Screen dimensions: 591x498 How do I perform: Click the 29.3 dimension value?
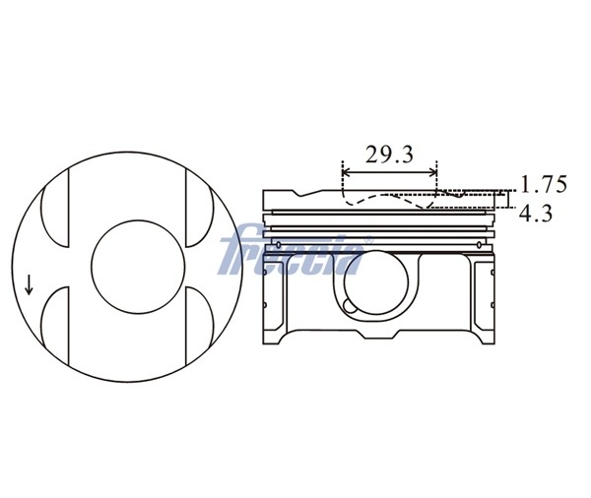[x=389, y=155]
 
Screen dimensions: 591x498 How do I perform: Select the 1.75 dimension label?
[x=544, y=184]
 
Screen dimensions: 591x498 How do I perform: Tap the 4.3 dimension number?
[x=535, y=214]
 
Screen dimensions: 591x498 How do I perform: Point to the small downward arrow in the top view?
[x=29, y=284]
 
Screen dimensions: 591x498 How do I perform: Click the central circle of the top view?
[x=138, y=267]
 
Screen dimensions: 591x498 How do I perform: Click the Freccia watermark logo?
[x=293, y=250]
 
